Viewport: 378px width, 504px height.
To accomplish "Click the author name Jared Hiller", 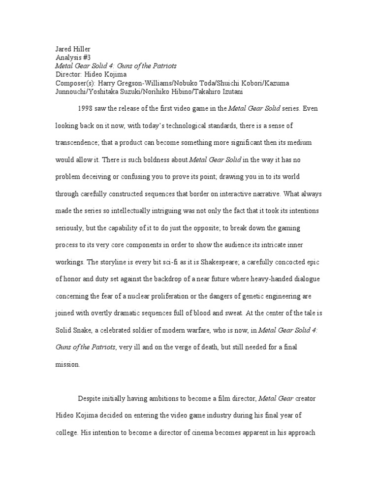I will click(x=73, y=49).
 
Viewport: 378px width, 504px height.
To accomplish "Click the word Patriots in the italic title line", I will click(x=162, y=66).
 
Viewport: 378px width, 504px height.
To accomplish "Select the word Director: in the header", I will click(x=69, y=74).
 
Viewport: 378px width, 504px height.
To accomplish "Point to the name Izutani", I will click(x=215, y=92).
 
